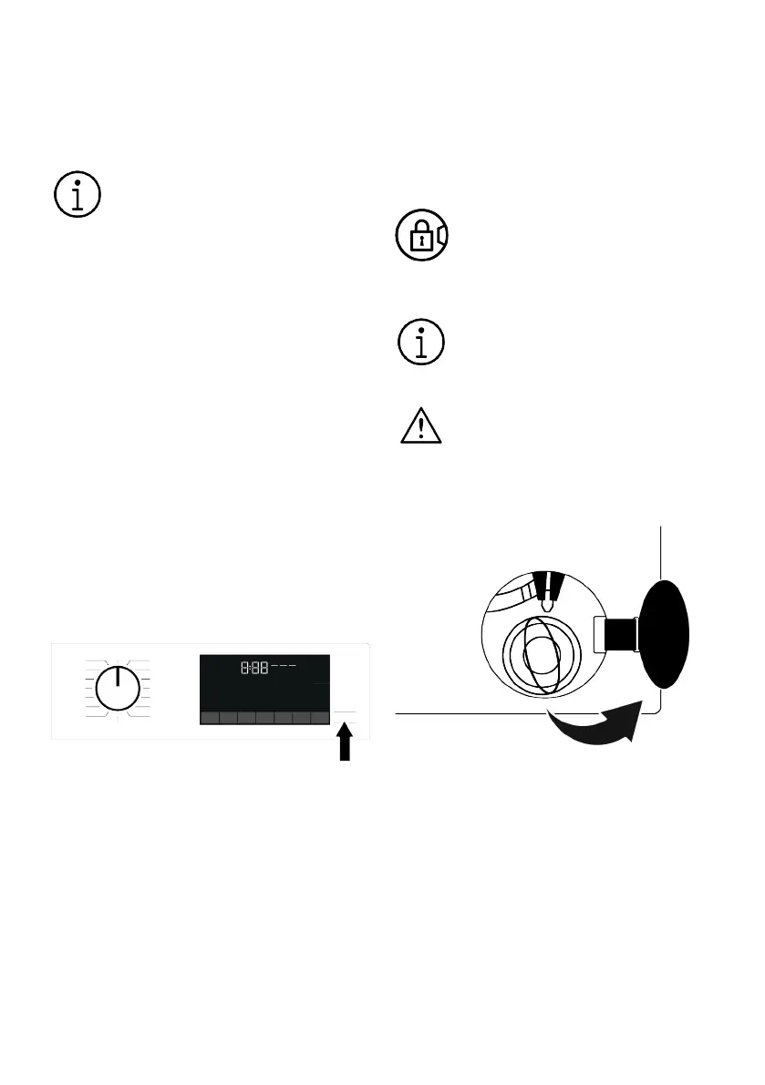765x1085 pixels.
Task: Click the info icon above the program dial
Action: coord(77,194)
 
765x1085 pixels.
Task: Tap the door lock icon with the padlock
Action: coord(420,236)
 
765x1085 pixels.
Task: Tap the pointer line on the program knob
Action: coord(117,679)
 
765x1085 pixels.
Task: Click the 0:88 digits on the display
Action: coord(254,668)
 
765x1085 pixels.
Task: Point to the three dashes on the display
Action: coord(283,666)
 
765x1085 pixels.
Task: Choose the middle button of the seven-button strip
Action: coord(264,718)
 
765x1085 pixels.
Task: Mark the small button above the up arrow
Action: coord(345,711)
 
